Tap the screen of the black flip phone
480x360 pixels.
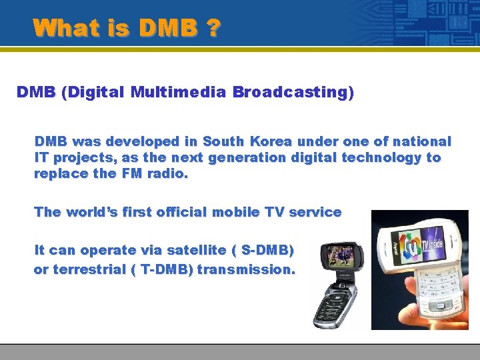341,257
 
